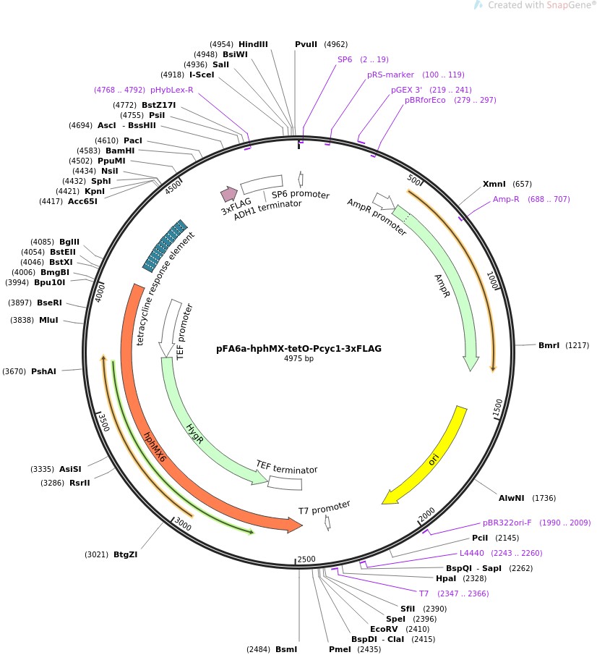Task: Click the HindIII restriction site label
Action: click(253, 44)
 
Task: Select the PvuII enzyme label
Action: click(306, 44)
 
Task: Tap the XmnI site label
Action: click(496, 184)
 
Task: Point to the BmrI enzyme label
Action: click(549, 345)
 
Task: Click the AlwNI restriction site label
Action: click(512, 498)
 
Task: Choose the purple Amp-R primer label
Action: click(506, 199)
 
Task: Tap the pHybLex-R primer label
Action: click(171, 90)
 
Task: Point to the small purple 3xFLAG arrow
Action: click(229, 193)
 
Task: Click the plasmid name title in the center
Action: click(298, 348)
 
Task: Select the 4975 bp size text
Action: click(298, 358)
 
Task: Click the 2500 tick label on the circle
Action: click(306, 559)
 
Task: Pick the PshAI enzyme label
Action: click(43, 371)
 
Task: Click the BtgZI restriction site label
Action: click(125, 555)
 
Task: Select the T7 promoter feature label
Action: click(325, 507)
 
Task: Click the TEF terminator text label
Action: click(286, 467)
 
